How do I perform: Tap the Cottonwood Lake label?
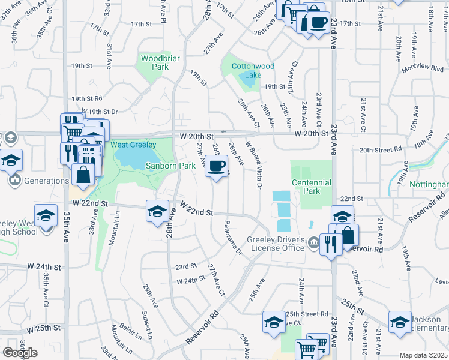tap(245, 71)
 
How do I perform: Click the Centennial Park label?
tap(311, 187)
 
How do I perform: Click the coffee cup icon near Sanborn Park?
tap(216, 166)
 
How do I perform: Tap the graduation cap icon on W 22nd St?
tap(158, 212)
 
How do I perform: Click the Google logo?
tap(20, 353)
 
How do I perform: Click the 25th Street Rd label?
tap(306, 314)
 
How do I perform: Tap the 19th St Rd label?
tap(86, 98)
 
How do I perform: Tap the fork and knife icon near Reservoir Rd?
tap(330, 245)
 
